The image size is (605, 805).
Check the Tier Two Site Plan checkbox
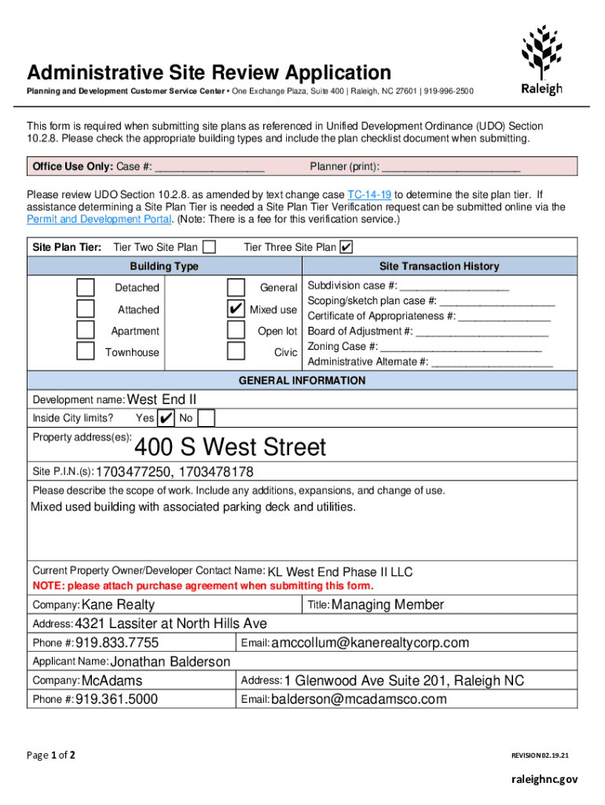tap(210, 247)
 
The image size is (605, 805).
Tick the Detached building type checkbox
tap(86, 288)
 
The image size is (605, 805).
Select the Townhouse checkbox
tap(86, 351)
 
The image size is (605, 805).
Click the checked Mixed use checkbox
tap(236, 309)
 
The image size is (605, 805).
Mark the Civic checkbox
tap(236, 351)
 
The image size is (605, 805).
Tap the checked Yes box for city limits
tap(166, 417)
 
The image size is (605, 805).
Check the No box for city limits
tap(207, 417)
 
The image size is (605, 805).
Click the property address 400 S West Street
tap(229, 447)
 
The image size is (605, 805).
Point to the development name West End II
tap(162, 399)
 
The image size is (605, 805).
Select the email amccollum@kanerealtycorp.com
tap(370, 643)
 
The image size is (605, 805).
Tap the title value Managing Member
tap(388, 605)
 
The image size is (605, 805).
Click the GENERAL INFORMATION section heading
tap(302, 380)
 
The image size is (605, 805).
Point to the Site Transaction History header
tap(439, 266)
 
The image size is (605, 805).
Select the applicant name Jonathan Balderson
tap(170, 662)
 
